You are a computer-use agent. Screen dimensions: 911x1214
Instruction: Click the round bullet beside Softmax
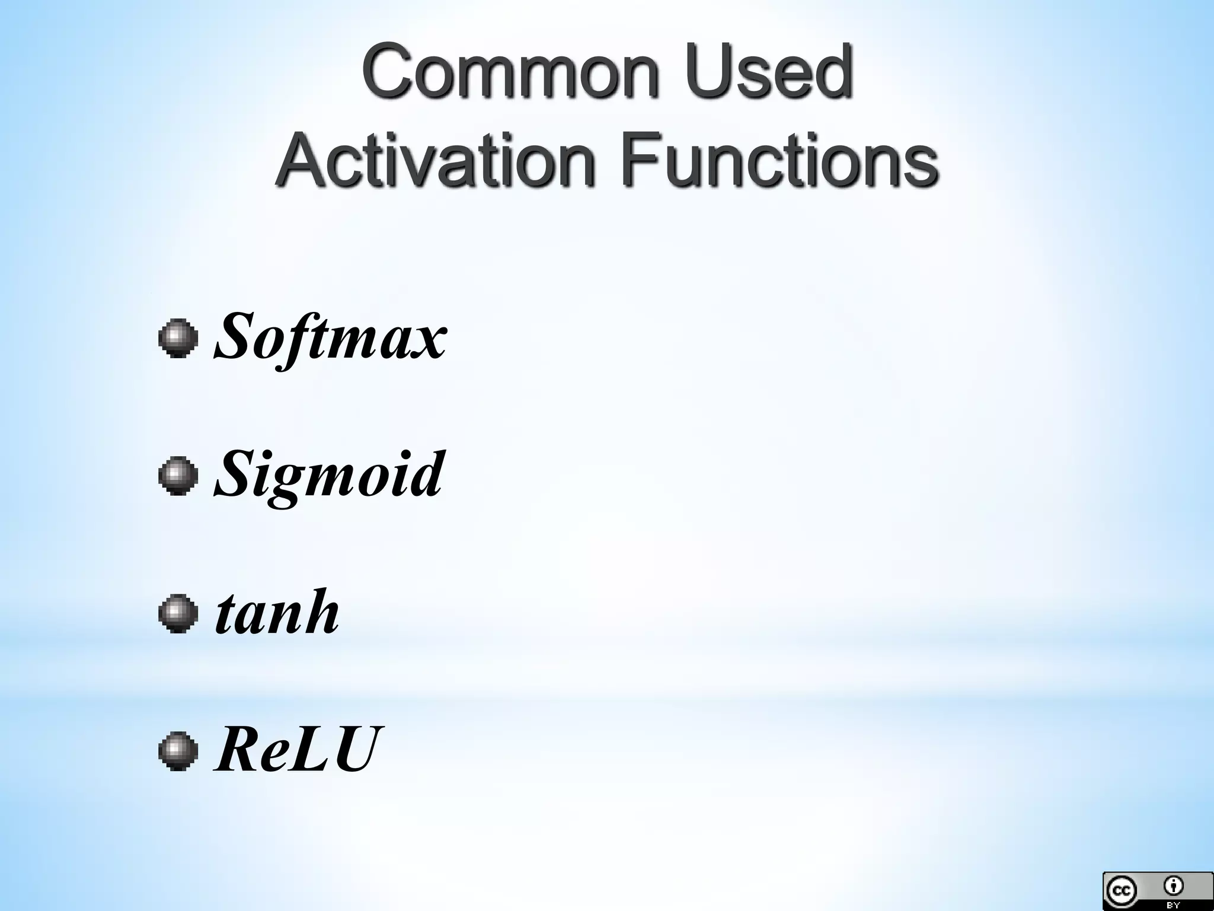pyautogui.click(x=178, y=339)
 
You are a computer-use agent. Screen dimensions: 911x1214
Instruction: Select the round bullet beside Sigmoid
pyautogui.click(x=178, y=476)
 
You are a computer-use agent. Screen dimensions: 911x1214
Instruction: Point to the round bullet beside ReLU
pyautogui.click(x=178, y=750)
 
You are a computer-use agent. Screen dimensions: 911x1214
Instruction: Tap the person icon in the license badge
pyautogui.click(x=1173, y=886)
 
